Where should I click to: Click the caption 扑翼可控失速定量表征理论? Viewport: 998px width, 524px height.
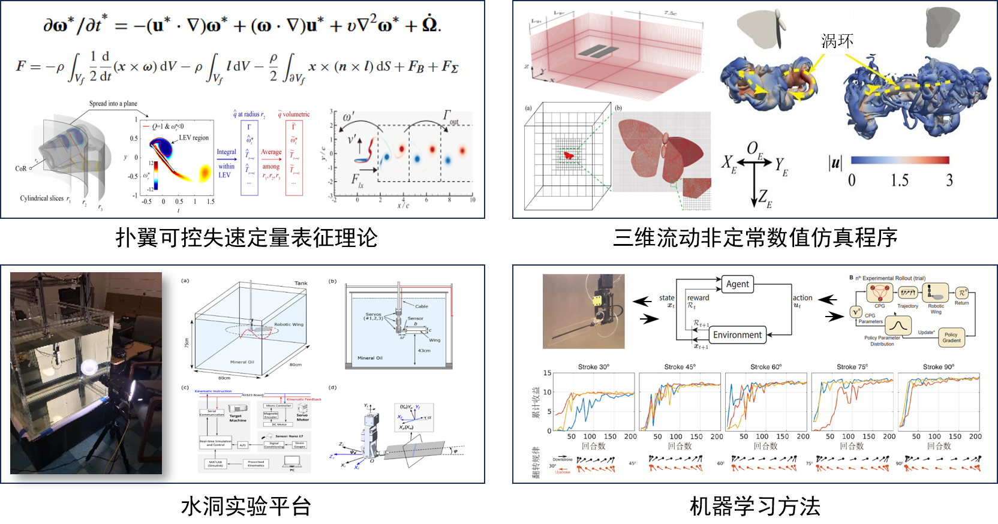[247, 238]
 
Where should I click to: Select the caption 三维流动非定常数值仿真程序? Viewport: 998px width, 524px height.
[755, 238]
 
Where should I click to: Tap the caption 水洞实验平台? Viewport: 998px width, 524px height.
[246, 506]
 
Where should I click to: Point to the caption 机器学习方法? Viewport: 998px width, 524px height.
[755, 506]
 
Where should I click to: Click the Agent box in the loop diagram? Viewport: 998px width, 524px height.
[737, 284]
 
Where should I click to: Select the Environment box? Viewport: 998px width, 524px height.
[737, 335]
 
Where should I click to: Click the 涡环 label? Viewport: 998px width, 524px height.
[837, 41]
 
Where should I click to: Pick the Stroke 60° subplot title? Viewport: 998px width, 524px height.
[766, 367]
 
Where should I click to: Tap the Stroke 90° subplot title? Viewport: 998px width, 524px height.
[939, 367]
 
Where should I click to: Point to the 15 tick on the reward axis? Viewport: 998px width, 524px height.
[547, 373]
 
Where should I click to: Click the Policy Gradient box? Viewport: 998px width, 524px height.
[951, 338]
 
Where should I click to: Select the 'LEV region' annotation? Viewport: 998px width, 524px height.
[194, 138]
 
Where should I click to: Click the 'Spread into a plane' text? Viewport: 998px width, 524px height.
[113, 104]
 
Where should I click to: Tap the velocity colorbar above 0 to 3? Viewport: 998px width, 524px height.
[900, 160]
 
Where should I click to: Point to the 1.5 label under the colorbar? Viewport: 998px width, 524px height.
[899, 180]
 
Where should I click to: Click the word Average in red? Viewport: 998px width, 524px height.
[271, 152]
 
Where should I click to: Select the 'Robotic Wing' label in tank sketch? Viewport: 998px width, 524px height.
[288, 324]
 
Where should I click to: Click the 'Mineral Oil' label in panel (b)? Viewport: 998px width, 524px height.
[370, 358]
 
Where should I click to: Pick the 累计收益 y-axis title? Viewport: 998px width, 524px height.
[536, 402]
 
